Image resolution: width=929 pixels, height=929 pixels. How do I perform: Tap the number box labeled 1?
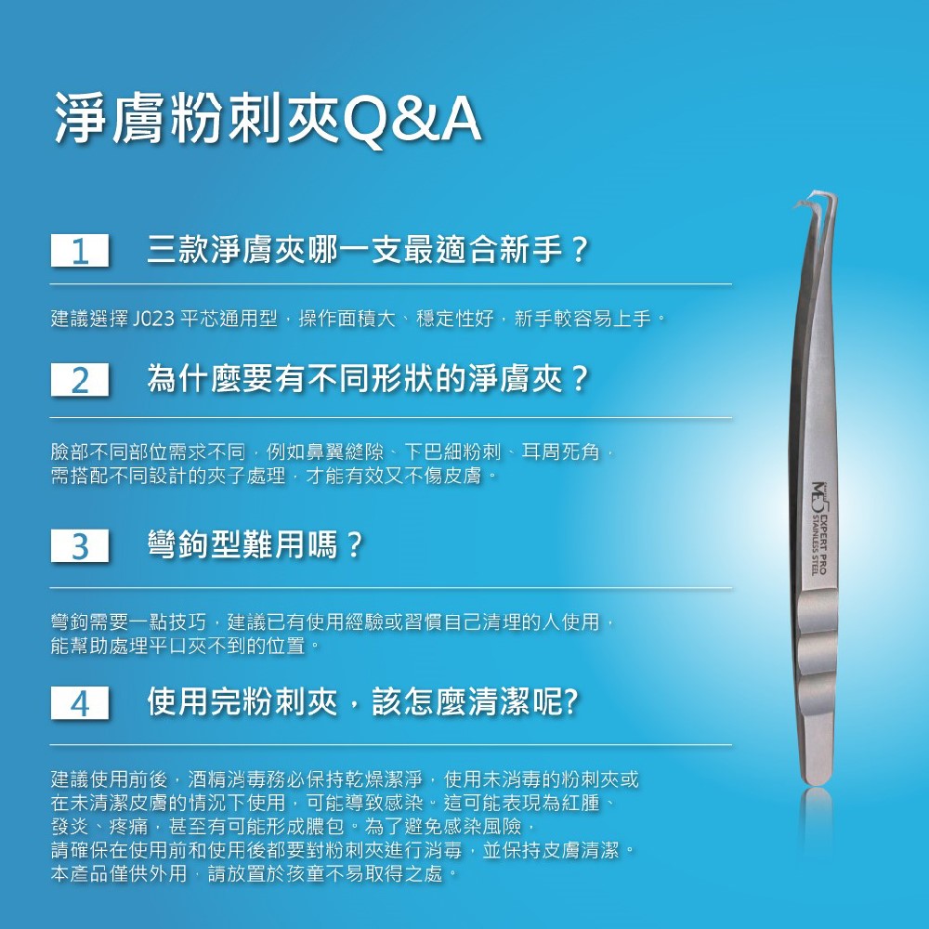(x=81, y=252)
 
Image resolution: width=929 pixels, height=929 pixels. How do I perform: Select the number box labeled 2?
(x=81, y=381)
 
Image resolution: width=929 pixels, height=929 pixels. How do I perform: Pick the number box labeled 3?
(x=81, y=546)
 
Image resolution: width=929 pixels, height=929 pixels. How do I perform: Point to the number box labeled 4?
(x=81, y=703)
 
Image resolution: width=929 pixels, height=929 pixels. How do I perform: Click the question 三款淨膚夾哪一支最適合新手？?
(x=368, y=251)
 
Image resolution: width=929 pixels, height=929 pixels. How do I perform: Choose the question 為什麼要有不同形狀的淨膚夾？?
(x=368, y=380)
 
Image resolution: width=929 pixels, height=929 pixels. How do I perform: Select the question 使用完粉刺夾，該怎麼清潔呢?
(x=363, y=702)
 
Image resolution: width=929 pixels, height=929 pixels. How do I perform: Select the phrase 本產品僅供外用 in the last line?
(x=119, y=874)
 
